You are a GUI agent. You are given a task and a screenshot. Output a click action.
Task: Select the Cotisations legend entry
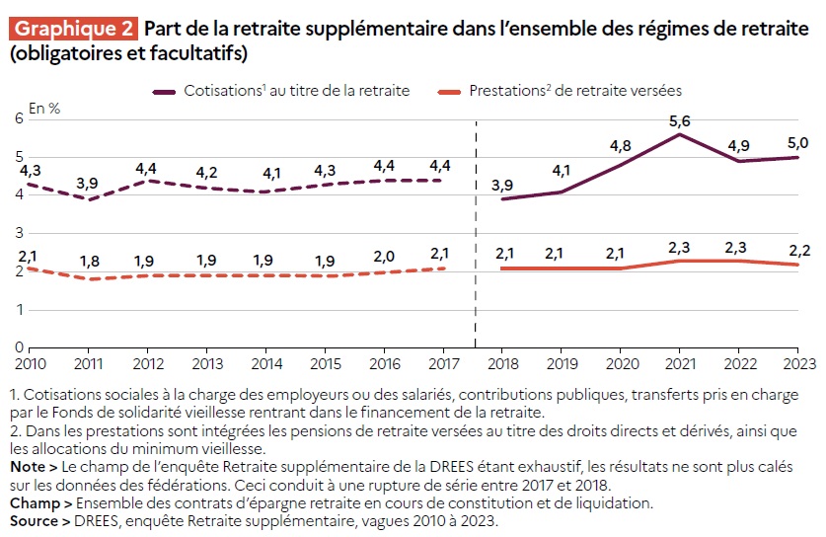click(281, 91)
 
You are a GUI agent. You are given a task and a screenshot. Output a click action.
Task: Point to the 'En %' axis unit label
click(44, 110)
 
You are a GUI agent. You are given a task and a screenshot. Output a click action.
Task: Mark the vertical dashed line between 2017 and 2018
click(476, 237)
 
